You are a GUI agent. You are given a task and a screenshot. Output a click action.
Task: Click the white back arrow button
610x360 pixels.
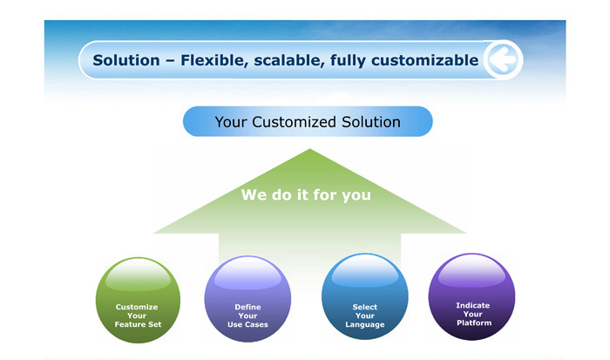pos(503,59)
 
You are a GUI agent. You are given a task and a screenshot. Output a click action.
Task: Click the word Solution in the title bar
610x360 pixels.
pos(126,60)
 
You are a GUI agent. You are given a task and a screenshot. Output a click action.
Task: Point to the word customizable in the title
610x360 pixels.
pos(425,60)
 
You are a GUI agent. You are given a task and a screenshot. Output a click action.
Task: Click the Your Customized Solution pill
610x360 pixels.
pos(308,121)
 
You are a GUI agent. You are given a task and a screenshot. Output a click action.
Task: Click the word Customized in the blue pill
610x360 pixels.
pos(295,122)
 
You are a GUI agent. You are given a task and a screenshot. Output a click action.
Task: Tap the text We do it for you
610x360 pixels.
pos(306,194)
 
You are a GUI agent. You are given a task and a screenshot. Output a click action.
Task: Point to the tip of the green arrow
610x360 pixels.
pos(309,149)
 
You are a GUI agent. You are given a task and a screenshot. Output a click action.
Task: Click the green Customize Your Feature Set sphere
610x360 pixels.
pos(138,300)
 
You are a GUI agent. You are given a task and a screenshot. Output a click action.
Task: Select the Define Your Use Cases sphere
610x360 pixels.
pos(247,299)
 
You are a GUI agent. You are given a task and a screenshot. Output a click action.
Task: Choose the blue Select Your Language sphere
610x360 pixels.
pos(365,296)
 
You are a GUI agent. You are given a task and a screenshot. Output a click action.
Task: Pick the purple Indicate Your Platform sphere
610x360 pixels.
pos(472,296)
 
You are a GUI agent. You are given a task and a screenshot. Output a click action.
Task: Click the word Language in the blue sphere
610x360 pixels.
pos(365,324)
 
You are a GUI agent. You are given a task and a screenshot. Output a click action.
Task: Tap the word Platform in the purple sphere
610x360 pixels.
pos(474,323)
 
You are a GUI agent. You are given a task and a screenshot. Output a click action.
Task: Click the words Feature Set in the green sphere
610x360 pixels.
pos(138,324)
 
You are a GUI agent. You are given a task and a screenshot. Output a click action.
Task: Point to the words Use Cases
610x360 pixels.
pos(247,324)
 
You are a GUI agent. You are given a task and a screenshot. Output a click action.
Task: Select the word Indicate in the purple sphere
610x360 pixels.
pos(472,305)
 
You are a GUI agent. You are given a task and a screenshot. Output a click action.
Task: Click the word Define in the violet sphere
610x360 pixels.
pos(247,307)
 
